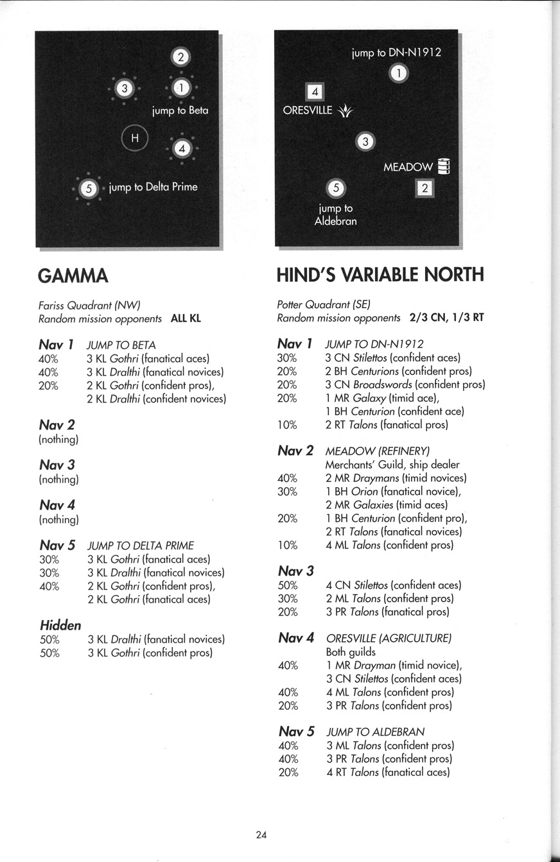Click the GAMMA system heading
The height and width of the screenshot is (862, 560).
coord(73,276)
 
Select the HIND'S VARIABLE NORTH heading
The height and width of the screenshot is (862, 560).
coord(380,275)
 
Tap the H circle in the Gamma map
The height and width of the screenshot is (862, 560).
coord(135,137)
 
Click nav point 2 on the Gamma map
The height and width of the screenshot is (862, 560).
coord(180,58)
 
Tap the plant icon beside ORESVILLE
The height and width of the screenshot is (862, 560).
coord(346,111)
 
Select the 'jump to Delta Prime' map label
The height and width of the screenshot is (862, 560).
coord(153,187)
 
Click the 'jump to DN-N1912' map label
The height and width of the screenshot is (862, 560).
coord(396,53)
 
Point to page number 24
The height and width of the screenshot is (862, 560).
coord(261,835)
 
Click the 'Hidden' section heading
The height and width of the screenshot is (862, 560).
coord(60,625)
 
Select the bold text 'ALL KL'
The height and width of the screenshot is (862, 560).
coord(186,318)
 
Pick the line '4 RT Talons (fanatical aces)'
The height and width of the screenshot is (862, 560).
coord(388,772)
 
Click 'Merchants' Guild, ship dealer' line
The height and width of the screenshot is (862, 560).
coord(392,465)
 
